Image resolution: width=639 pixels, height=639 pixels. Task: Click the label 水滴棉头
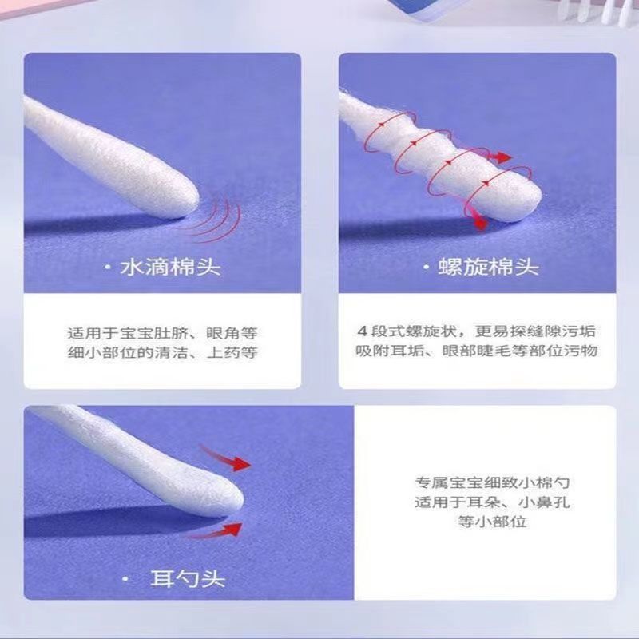click(170, 268)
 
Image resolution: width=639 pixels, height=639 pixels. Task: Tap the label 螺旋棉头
click(488, 268)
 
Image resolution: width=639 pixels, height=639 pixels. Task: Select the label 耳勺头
click(188, 578)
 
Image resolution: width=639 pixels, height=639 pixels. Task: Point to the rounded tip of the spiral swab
click(537, 200)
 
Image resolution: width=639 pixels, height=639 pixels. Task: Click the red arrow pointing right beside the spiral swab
click(500, 157)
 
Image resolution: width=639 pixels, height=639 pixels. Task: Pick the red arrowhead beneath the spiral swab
click(481, 223)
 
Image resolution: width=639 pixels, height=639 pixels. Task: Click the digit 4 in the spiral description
click(362, 331)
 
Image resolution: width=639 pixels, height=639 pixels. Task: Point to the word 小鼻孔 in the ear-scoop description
click(544, 502)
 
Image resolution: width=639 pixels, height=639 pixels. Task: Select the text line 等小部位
click(492, 522)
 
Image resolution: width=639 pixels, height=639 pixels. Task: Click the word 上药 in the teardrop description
click(223, 352)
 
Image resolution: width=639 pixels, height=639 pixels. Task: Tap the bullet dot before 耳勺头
click(125, 579)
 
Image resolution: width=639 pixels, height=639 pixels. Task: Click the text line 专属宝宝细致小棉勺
click(492, 483)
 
